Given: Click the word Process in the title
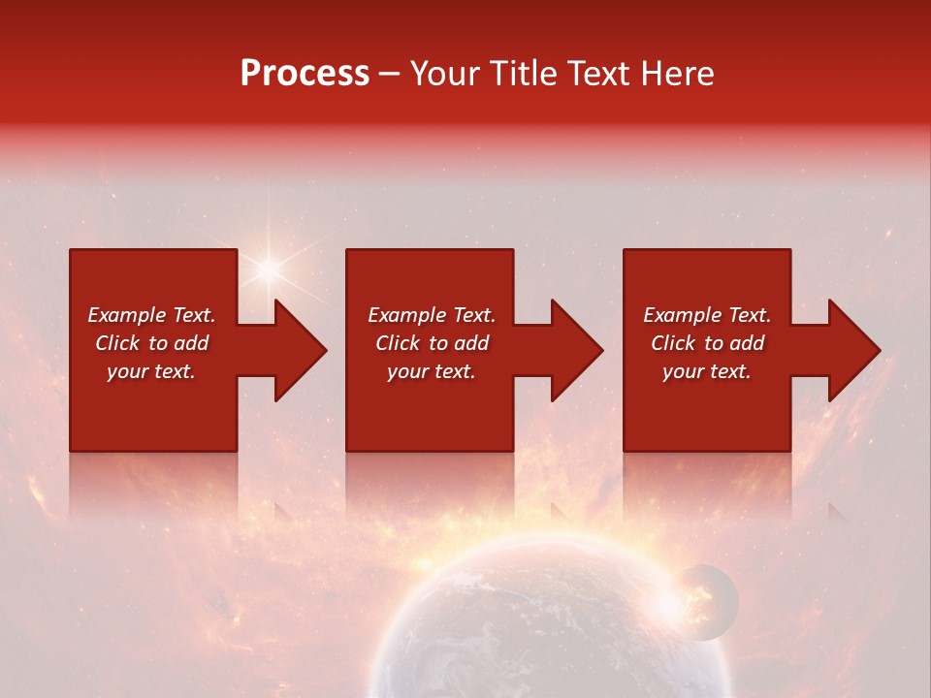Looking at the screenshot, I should (305, 74).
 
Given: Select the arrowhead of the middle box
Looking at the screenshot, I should (575, 350).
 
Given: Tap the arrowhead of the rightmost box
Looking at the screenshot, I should (852, 350).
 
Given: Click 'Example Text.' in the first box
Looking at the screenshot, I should (151, 315).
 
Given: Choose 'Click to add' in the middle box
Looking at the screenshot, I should (432, 343).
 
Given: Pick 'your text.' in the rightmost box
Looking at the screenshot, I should (707, 371).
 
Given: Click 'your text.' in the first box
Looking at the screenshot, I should (151, 371).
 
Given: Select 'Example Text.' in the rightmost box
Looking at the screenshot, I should (707, 315).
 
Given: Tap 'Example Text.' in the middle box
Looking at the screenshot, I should (432, 315).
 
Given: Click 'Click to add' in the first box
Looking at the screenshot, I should (151, 343).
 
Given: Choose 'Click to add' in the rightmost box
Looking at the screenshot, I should (707, 343).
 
